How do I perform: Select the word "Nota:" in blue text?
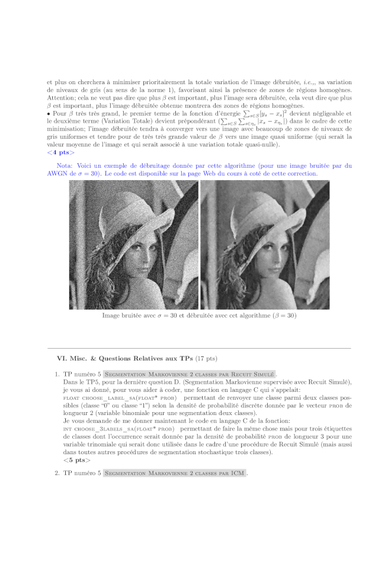(x=65, y=166)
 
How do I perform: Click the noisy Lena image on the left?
(x=133, y=245)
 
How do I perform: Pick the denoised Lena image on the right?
(x=265, y=245)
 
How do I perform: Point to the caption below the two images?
(x=199, y=315)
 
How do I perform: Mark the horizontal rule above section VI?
(x=199, y=348)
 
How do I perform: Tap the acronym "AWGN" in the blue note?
(x=58, y=174)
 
